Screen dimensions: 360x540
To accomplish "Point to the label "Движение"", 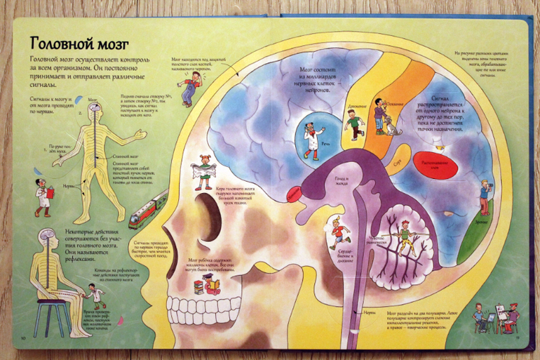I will pos(356,107).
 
